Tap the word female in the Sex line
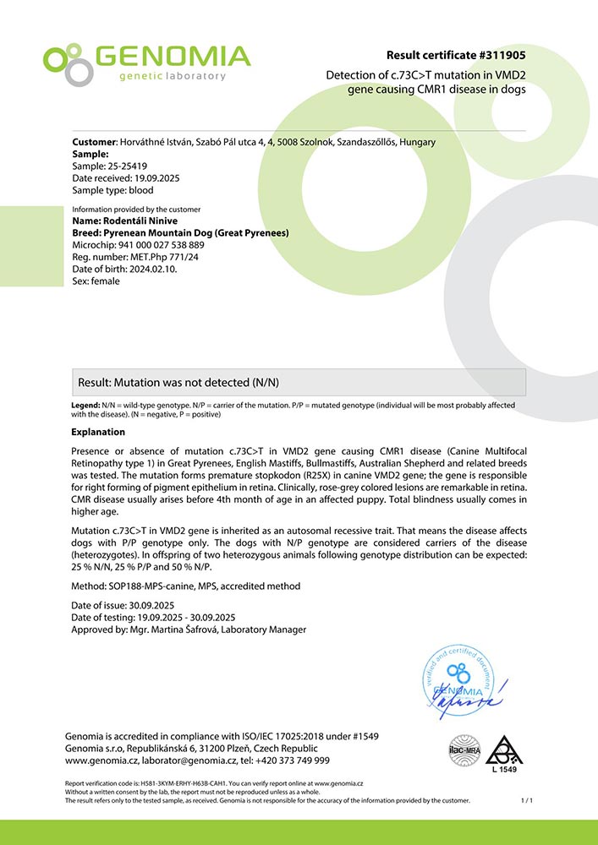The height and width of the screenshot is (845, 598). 105,281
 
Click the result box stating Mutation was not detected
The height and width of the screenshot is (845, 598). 299,382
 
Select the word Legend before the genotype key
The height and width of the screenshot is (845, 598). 85,406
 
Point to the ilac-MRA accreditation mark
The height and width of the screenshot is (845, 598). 463,749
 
